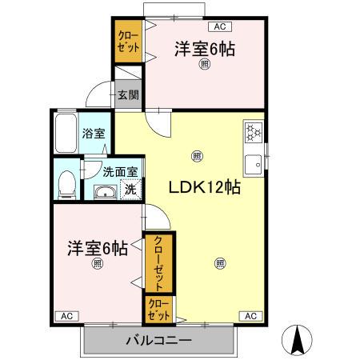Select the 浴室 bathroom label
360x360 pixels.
[94, 134]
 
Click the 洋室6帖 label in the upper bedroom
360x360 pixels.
[205, 50]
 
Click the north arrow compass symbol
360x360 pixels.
[299, 342]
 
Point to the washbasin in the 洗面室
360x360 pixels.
[104, 192]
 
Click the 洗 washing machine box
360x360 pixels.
[130, 190]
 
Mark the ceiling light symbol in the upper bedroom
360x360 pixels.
[204, 66]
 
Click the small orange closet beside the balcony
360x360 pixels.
[157, 309]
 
